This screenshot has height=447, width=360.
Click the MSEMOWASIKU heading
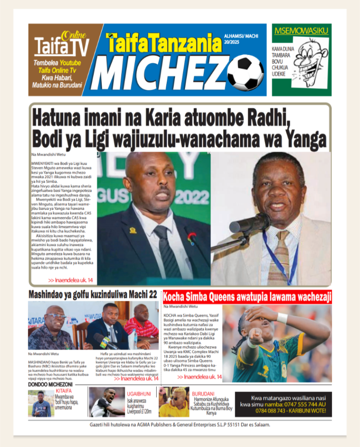click(x=301, y=31)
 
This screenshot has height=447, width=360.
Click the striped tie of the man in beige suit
click(x=278, y=258)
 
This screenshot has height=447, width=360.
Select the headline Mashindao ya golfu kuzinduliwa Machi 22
click(x=93, y=295)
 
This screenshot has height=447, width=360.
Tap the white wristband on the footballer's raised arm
click(x=282, y=318)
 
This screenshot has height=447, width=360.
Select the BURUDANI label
click(x=205, y=393)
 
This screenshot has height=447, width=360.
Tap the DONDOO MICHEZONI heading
click(x=50, y=385)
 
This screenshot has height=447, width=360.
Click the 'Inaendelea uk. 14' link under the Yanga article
click(x=70, y=280)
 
